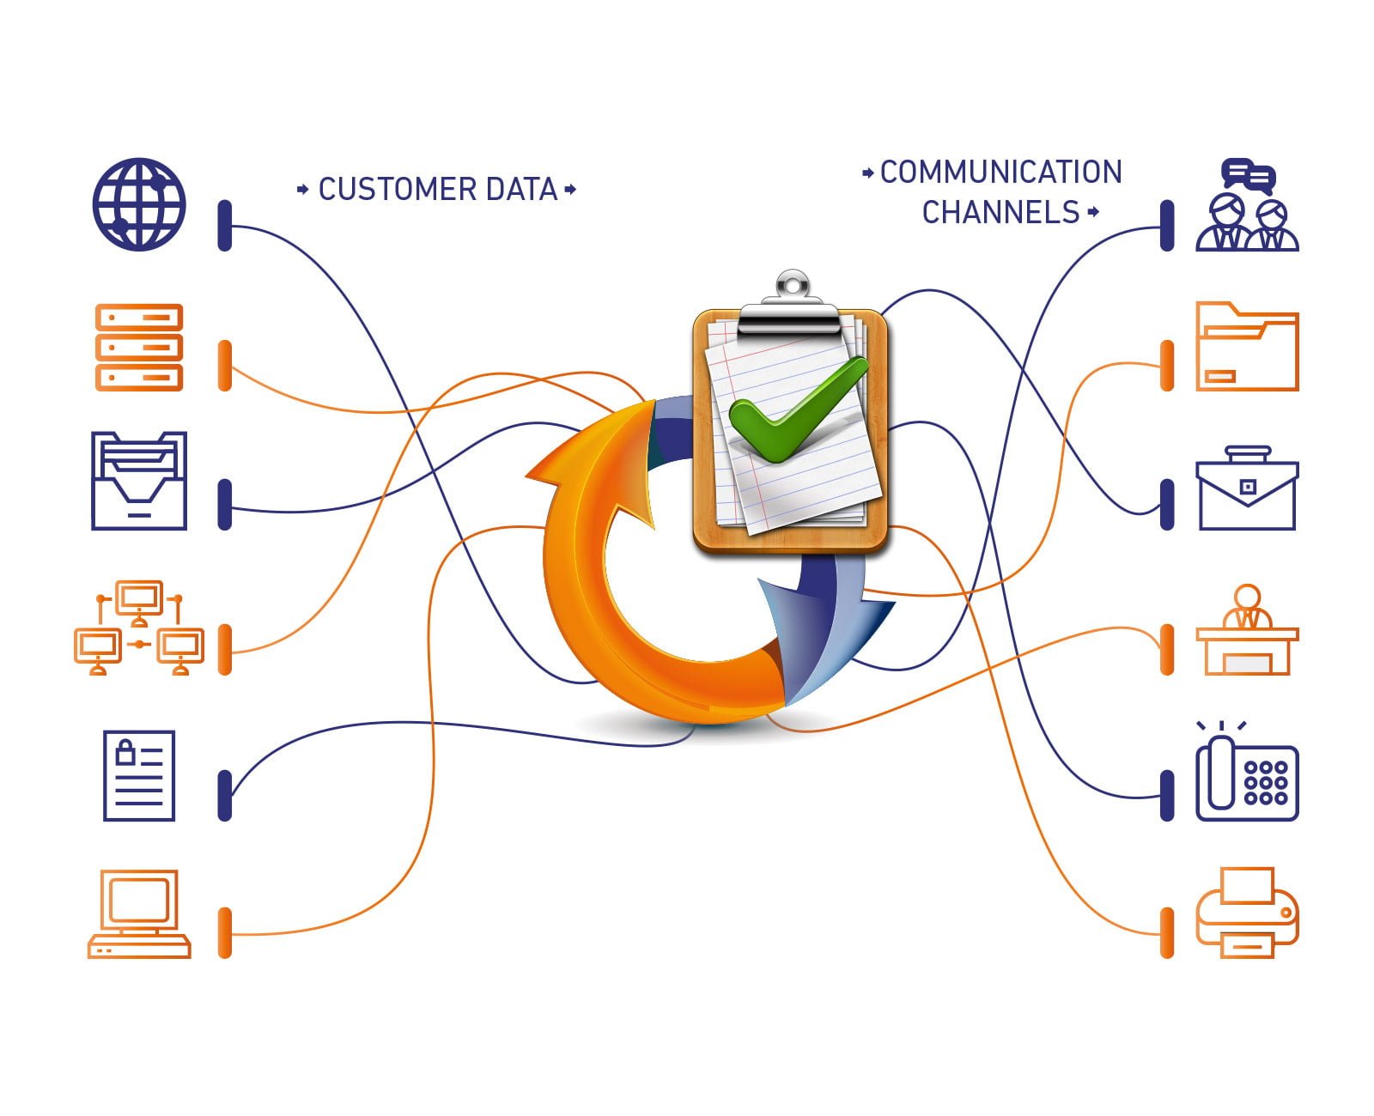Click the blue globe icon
pos(138,204)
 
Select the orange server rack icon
pos(138,347)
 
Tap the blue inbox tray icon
pos(138,481)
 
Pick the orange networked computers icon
pos(139,628)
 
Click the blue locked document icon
pos(139,775)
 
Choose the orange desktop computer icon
pos(139,913)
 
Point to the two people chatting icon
pos(1247,206)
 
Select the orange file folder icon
pos(1247,347)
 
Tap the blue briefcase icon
pos(1247,488)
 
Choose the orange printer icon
pos(1247,913)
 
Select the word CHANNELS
pos(1000,212)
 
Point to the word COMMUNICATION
pos(1001,172)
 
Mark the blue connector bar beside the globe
pos(225,226)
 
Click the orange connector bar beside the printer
pos(1167,932)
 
